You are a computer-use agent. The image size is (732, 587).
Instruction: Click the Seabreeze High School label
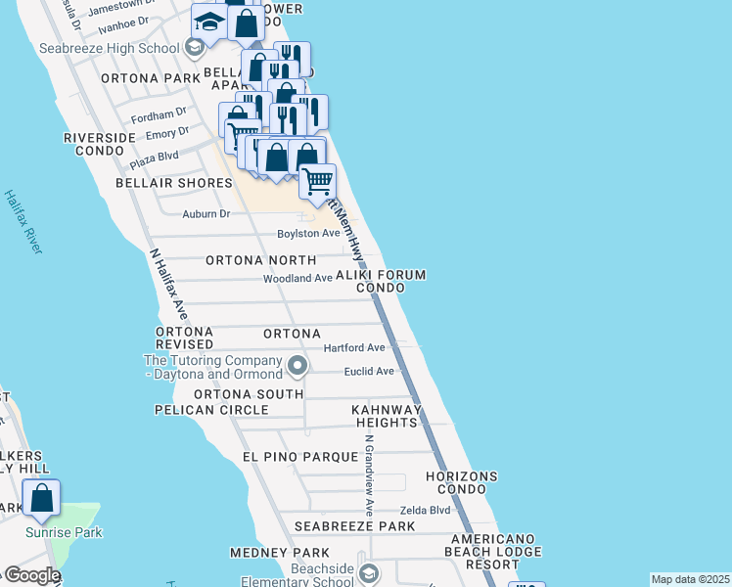109,47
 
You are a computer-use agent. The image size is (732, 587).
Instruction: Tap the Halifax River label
23,222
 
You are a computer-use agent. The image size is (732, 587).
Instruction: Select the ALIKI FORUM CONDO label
381,282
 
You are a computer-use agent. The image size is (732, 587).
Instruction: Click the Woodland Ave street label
297,279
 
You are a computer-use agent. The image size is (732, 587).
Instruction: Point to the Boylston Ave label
308,234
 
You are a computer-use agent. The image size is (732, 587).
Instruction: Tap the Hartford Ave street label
354,348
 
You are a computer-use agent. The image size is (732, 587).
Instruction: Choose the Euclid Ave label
369,372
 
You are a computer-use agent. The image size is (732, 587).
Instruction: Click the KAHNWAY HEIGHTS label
388,416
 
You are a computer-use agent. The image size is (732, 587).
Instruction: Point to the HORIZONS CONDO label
461,482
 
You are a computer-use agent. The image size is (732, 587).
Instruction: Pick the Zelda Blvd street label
425,511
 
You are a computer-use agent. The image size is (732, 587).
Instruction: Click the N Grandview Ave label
367,475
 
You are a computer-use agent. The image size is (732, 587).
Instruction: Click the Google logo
30,575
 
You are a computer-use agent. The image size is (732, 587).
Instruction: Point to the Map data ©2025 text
690,579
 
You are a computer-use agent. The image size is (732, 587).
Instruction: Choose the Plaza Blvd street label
154,157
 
